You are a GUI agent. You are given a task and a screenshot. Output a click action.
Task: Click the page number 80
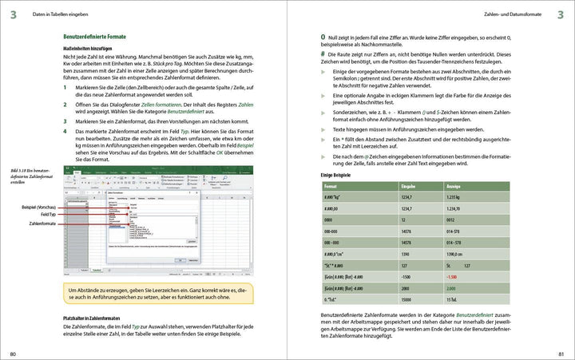pyautogui.click(x=12, y=354)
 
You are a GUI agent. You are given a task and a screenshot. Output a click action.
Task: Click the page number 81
pyautogui.click(x=561, y=354)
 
